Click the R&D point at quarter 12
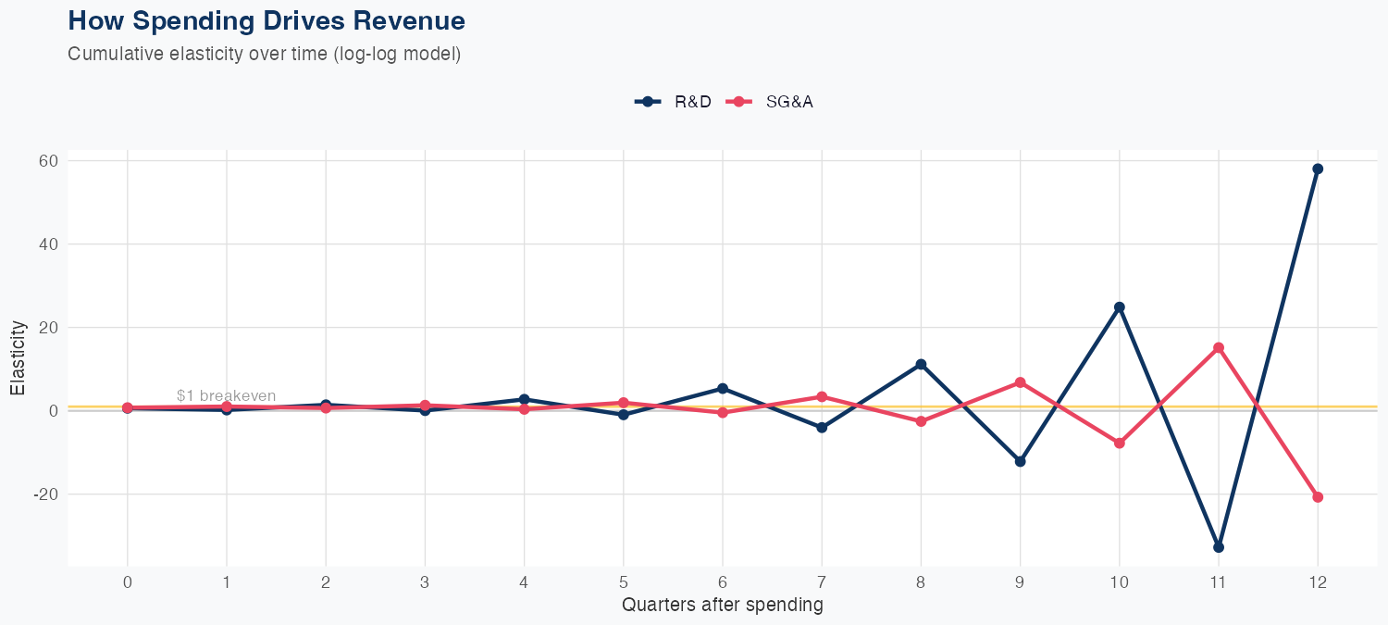coord(1318,169)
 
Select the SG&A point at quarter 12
coord(1318,497)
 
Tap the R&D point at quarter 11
coord(1219,547)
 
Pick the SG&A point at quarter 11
coord(1219,348)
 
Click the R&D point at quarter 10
coord(1120,306)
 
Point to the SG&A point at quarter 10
coord(1120,444)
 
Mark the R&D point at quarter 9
coord(1020,461)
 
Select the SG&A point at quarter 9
coord(1020,382)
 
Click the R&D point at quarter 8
coord(921,364)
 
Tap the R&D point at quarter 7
coord(822,428)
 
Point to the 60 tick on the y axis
coord(48,161)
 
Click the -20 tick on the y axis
coord(45,494)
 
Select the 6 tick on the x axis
coord(723,582)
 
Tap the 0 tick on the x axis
coord(127,582)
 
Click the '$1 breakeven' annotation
coord(226,396)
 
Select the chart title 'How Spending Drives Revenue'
coord(266,20)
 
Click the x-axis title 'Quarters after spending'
coord(722,606)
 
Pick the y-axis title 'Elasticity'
coord(18,358)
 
